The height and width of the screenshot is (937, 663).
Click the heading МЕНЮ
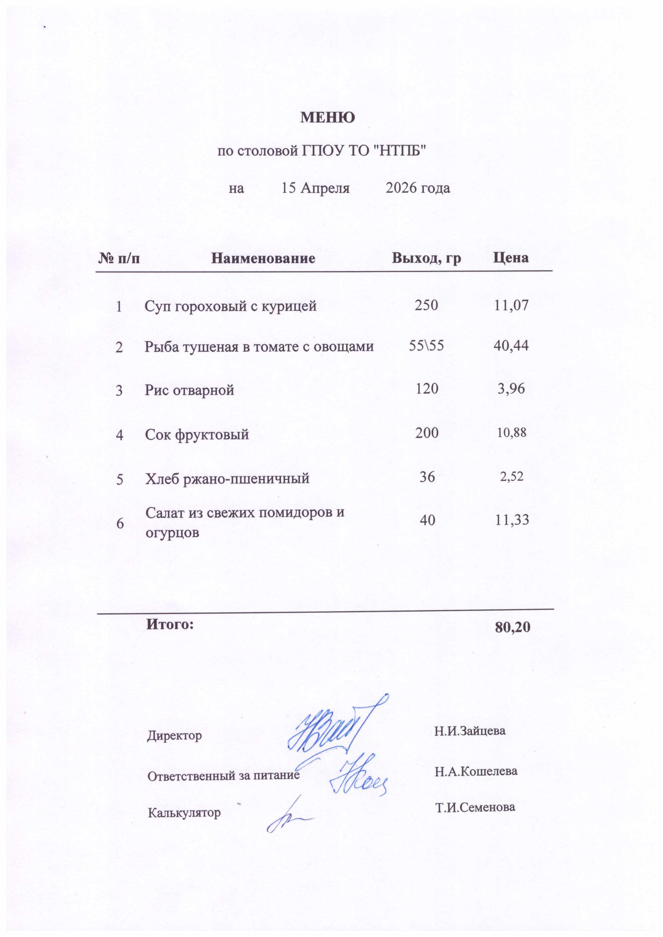tap(327, 117)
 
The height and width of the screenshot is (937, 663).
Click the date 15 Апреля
tap(316, 188)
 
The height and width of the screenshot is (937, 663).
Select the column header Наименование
tap(263, 258)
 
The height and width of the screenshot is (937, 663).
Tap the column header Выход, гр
tap(427, 258)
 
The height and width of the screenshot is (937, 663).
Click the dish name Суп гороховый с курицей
tap(231, 306)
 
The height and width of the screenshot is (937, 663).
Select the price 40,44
tap(511, 346)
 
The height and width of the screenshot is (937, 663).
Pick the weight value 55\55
tap(426, 346)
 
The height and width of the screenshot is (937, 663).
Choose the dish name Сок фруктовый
tap(197, 434)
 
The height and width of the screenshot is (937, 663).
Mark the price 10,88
tap(511, 433)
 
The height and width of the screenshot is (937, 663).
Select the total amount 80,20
tap(513, 627)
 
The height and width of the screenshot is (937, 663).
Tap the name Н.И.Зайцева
tap(470, 731)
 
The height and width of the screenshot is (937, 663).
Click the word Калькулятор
tap(184, 813)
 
